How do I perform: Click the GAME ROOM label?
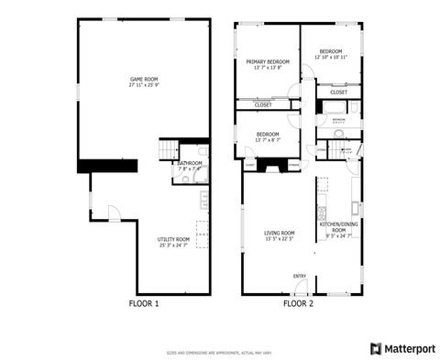click(x=144, y=80)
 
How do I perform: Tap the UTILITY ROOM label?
click(x=172, y=240)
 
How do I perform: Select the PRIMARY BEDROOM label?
click(x=268, y=61)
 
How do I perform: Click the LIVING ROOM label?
click(x=280, y=233)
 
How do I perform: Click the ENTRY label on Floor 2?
click(x=300, y=276)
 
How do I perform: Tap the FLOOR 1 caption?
click(x=143, y=303)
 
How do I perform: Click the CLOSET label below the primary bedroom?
click(x=262, y=105)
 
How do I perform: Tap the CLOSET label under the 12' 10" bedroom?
click(x=339, y=92)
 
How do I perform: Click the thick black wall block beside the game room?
click(x=107, y=165)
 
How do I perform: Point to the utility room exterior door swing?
click(x=114, y=213)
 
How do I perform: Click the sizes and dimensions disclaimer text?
click(x=220, y=351)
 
